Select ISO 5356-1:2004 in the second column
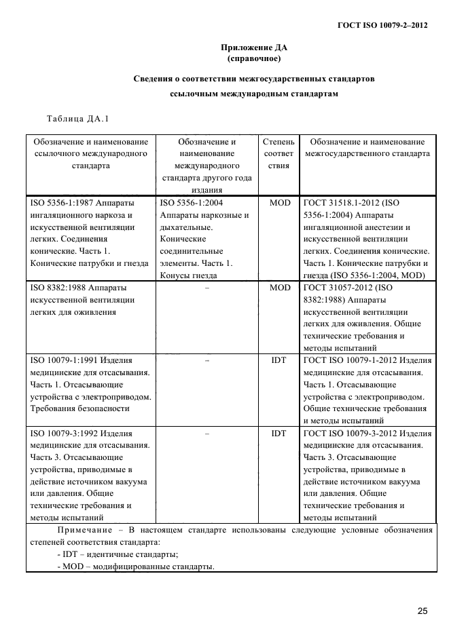(x=192, y=202)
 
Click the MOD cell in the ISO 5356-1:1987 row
(x=279, y=202)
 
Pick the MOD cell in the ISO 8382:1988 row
(x=279, y=288)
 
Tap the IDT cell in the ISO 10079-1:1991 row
(x=279, y=360)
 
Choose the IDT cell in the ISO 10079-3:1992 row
(x=279, y=433)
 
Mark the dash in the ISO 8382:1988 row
(x=206, y=288)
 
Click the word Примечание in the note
(x=86, y=530)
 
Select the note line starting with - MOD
(x=136, y=566)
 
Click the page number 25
(x=423, y=611)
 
